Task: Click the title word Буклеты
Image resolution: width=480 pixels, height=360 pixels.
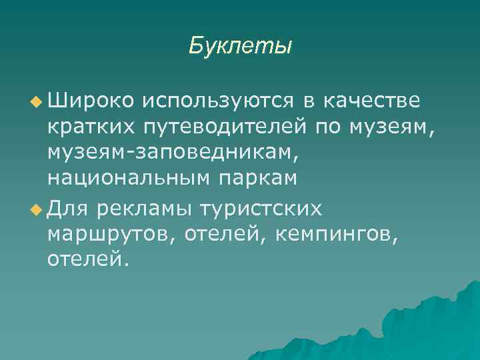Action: (x=240, y=45)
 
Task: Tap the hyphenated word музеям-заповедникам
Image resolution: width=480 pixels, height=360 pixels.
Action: (x=169, y=153)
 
